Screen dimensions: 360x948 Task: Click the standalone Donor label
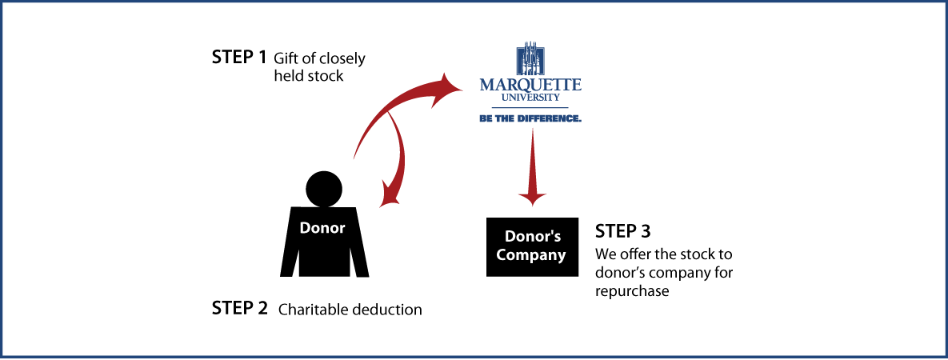tap(322, 228)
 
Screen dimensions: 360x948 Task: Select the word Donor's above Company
tap(532, 237)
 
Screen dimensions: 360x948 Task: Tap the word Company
tap(531, 255)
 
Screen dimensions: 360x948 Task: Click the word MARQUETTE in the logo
tap(530, 85)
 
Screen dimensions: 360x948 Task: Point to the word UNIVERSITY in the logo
tap(530, 98)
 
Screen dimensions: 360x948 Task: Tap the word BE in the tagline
tap(484, 118)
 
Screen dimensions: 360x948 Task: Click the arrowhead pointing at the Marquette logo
tap(449, 87)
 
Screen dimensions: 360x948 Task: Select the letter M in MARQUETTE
tap(486, 85)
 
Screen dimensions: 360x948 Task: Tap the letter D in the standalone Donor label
tap(305, 228)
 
